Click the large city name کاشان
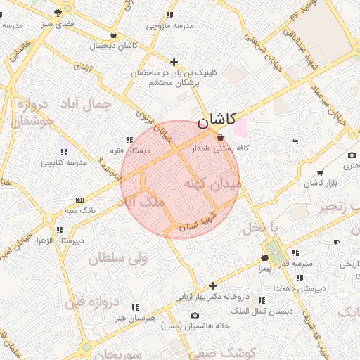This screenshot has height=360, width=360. tap(217, 121)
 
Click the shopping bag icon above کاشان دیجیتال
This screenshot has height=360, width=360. tap(113, 34)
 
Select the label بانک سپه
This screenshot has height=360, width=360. tap(80, 210)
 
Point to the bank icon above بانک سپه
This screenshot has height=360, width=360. tap(79, 200)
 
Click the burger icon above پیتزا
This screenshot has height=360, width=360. tap(264, 257)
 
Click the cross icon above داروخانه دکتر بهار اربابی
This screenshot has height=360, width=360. tap(212, 285)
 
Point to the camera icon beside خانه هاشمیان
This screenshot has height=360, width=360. tap(195, 315)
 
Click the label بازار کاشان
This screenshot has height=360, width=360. tap(322, 184)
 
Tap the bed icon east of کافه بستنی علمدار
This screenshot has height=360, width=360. tap(294, 142)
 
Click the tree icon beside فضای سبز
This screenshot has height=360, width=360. tap(67, 12)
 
